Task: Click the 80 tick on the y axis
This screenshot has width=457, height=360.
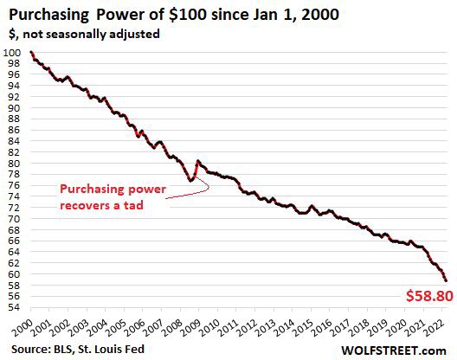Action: [x=13, y=164]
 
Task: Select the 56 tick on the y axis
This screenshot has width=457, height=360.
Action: [x=13, y=296]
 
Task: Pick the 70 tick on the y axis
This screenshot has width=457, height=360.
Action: [x=13, y=219]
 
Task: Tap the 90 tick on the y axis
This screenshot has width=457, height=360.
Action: [x=13, y=108]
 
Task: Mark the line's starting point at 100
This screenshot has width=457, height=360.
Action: [x=31, y=53]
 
